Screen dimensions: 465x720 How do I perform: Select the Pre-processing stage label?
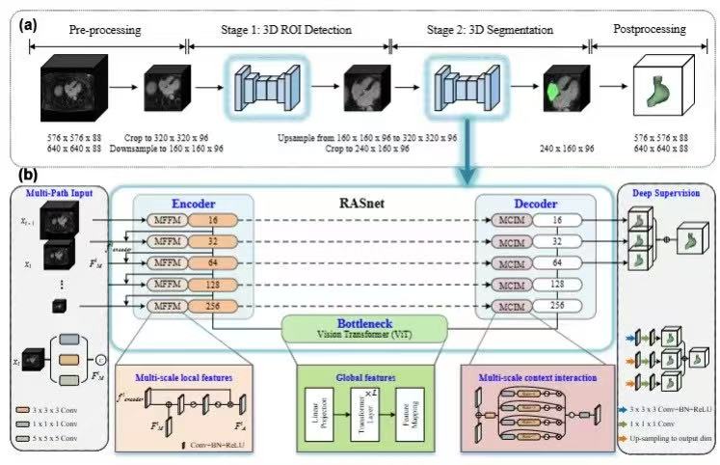(x=105, y=29)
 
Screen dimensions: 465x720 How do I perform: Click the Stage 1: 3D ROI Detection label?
(x=288, y=29)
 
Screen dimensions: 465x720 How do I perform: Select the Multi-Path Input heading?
(x=56, y=194)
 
